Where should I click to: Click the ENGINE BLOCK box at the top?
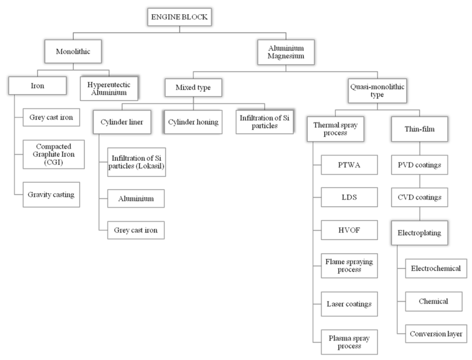coord(179,17)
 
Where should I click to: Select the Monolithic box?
coord(73,51)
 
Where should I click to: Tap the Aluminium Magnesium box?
coord(286,52)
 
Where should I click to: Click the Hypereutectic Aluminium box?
coord(109,88)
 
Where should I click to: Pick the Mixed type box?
coord(193,88)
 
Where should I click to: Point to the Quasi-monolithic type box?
coord(377,91)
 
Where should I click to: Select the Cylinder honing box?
coord(193,122)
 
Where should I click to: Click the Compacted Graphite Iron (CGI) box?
coord(54,154)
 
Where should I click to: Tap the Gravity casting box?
coord(51,194)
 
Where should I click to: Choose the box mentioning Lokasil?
coord(136,162)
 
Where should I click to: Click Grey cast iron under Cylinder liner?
coord(136,230)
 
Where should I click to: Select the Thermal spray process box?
coord(335,129)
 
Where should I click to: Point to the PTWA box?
coord(349,165)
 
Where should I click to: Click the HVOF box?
coord(349,230)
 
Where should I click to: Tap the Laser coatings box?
coord(349,304)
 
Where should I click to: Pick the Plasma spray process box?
coord(349,342)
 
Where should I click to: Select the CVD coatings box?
coord(419,198)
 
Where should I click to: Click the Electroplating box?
coord(419,233)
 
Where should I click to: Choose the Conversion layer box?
coord(436,334)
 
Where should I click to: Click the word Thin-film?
coord(419,129)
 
